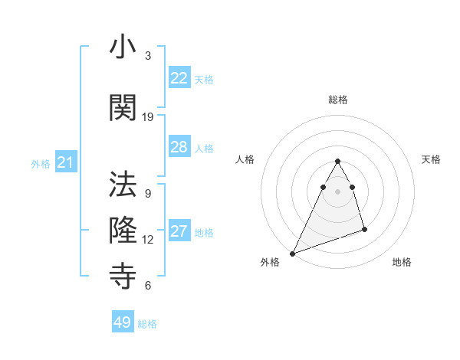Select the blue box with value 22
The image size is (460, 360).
point(179,78)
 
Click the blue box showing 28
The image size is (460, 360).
point(179,147)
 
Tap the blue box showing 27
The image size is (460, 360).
point(179,232)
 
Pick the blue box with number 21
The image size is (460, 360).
point(65,162)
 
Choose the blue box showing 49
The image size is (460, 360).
point(122,322)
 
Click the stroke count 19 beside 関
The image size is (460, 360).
point(148,117)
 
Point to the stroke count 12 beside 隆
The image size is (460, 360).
point(148,240)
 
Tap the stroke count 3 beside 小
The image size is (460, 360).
point(148,56)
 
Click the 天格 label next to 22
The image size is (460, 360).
point(204,79)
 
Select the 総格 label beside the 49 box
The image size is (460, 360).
point(147,324)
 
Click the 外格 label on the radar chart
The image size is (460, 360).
point(270,262)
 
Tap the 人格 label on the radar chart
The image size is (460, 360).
point(245,159)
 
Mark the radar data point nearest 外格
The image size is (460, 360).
point(292,253)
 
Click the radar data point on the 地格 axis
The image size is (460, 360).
point(364,229)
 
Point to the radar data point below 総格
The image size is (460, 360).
point(337,162)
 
